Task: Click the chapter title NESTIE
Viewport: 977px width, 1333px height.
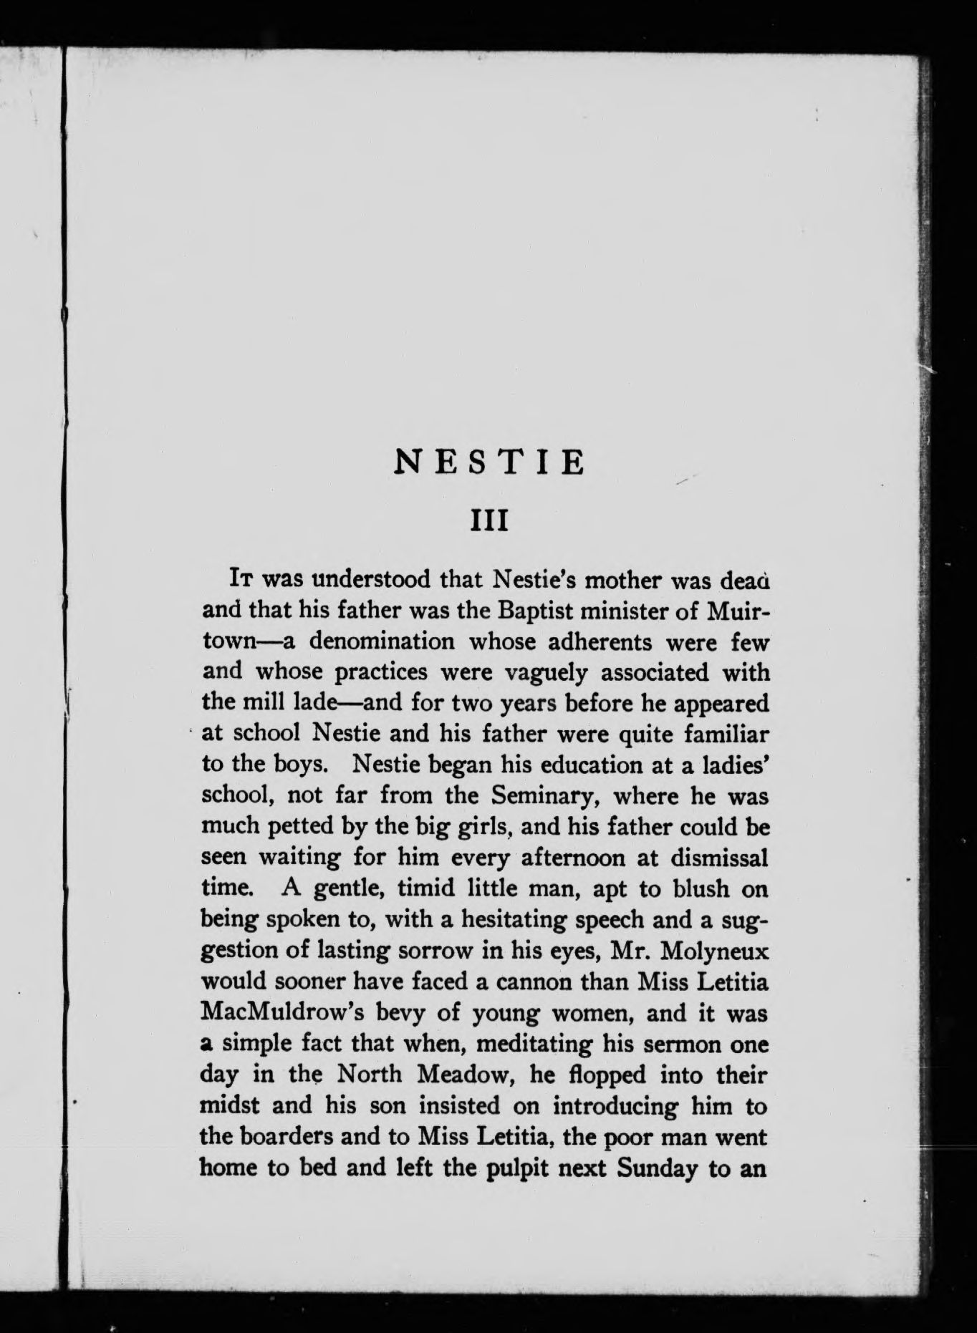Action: pyautogui.click(x=489, y=463)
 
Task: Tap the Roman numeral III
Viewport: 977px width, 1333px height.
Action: pyautogui.click(x=488, y=520)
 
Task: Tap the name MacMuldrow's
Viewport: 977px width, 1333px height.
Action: pyautogui.click(x=279, y=1013)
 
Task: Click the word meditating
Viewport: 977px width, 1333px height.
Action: pyautogui.click(x=534, y=1044)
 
